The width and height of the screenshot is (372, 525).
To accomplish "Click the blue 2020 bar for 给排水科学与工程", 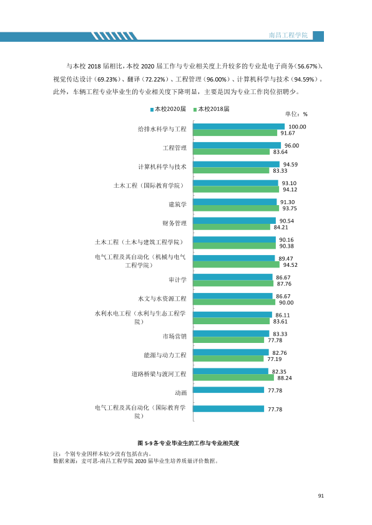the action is pyautogui.click(x=238, y=127).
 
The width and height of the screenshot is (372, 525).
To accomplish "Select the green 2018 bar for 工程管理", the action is pyautogui.click(x=231, y=152).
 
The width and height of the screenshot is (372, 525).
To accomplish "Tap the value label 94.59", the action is pyautogui.click(x=290, y=165).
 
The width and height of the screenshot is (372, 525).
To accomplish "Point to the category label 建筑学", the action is pyautogui.click(x=177, y=205).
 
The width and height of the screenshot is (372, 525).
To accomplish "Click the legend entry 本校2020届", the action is pyautogui.click(x=168, y=109).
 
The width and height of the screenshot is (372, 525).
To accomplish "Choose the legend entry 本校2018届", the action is pyautogui.click(x=212, y=109).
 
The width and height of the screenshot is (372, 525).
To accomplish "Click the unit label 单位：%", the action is pyautogui.click(x=296, y=114).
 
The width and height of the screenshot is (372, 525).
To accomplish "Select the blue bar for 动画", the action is pyautogui.click(x=228, y=390).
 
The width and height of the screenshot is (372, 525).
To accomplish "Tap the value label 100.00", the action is pyautogui.click(x=297, y=127).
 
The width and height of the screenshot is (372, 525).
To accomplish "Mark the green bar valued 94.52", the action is pyautogui.click(x=237, y=264).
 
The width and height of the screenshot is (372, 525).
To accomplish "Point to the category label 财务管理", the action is pyautogui.click(x=174, y=223).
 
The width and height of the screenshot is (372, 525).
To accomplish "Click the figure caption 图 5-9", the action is pyautogui.click(x=145, y=443).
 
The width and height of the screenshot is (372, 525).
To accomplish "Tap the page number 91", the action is pyautogui.click(x=321, y=496).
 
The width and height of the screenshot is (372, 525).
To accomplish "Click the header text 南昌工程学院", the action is pyautogui.click(x=288, y=35).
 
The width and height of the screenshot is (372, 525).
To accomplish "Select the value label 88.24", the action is pyautogui.click(x=285, y=378).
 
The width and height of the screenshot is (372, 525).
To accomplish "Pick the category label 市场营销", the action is pyautogui.click(x=174, y=336).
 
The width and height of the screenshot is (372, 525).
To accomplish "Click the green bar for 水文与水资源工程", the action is pyautogui.click(x=234, y=302).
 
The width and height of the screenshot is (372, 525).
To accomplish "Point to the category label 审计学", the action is pyautogui.click(x=177, y=279).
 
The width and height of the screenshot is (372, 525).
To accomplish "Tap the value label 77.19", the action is pyautogui.click(x=275, y=359).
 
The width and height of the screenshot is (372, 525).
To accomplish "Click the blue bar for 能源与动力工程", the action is pyautogui.click(x=231, y=352).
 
